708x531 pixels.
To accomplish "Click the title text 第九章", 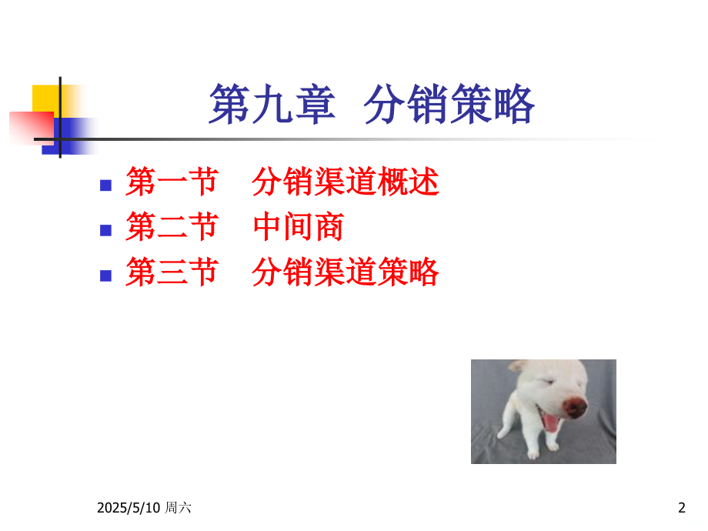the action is [x=272, y=105].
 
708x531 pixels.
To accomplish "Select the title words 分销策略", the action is [x=449, y=105].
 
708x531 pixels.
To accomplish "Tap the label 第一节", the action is [x=172, y=182].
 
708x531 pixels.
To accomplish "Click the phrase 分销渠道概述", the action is [x=346, y=182].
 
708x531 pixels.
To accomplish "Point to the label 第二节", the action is [x=172, y=227].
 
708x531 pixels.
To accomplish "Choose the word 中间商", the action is [x=299, y=227].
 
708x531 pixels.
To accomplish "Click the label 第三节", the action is [x=172, y=272].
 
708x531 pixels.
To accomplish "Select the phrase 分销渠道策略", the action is [x=346, y=272].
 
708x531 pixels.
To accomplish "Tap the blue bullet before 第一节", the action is [x=105, y=185].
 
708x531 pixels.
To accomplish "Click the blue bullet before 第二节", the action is [x=105, y=231].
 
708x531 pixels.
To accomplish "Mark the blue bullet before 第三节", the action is [x=105, y=276].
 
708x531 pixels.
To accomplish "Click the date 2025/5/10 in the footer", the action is [x=129, y=508].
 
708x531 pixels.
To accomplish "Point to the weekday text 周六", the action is [x=178, y=507].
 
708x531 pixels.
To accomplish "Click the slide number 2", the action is [x=682, y=508].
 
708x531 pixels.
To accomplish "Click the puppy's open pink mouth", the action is [x=551, y=422].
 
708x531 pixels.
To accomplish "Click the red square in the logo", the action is [x=32, y=129].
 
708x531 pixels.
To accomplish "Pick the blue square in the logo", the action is [x=68, y=136].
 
